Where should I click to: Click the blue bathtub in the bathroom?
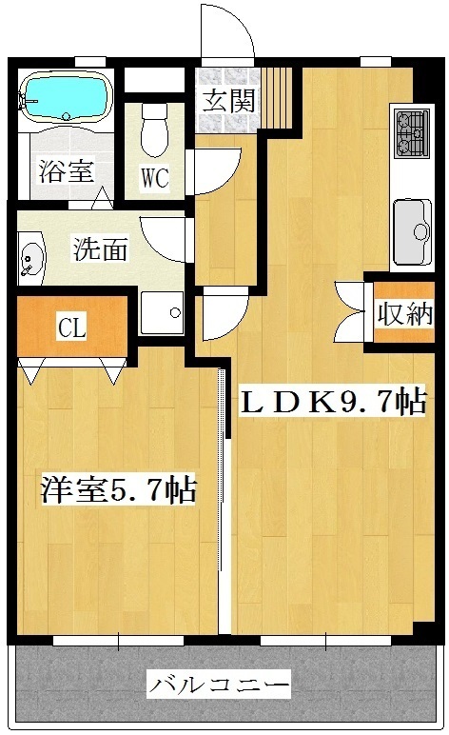(67, 97)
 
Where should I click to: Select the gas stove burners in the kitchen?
(412, 132)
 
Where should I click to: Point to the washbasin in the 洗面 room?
(30, 257)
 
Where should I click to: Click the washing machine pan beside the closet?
(162, 312)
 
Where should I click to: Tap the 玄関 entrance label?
(229, 100)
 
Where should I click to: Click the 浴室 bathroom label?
(66, 170)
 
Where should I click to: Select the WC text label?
(155, 177)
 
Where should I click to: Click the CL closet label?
(72, 328)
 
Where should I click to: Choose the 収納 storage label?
(405, 313)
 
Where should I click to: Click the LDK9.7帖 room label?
(333, 401)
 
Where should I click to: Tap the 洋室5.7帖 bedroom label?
(118, 489)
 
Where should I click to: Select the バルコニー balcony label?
(219, 685)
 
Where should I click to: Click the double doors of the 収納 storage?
(350, 311)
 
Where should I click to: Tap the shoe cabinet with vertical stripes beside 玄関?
(276, 97)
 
